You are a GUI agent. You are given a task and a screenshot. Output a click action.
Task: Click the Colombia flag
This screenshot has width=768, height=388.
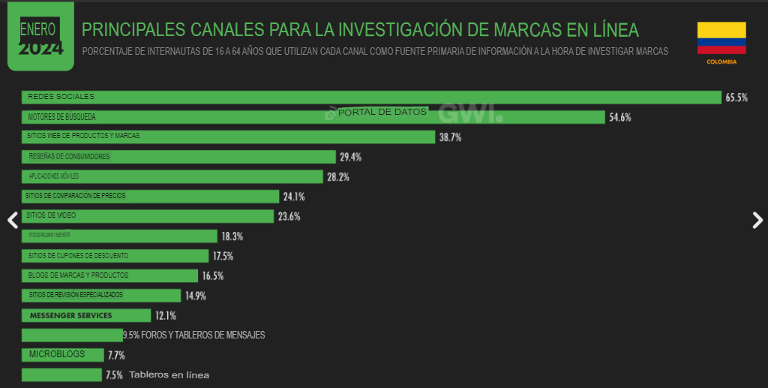721,38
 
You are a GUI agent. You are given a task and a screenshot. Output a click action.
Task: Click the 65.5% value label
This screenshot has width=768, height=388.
736,98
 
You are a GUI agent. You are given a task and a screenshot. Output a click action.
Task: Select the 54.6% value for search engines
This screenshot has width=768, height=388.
619,117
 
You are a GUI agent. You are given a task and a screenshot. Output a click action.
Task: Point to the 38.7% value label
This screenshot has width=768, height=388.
450,137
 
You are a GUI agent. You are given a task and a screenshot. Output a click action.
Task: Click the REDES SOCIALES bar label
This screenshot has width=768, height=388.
61,97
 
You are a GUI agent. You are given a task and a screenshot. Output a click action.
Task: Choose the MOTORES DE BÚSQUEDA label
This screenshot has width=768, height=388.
61,117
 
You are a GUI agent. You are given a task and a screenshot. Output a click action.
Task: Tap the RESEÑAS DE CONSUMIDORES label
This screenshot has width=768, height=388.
69,156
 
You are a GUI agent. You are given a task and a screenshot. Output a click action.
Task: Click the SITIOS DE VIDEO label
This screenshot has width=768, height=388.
52,215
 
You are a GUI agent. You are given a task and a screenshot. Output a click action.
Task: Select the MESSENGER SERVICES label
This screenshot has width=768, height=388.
70,315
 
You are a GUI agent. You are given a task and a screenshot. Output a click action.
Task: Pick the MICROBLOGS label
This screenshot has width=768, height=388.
56,354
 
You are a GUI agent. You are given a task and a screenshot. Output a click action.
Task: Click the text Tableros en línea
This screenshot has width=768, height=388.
169,374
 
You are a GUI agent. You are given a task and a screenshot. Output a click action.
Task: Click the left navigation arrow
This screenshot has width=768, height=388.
12,220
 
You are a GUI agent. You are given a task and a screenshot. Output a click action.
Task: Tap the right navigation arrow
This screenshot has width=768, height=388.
757,220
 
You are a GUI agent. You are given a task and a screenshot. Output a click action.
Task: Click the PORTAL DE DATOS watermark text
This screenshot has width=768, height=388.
382,112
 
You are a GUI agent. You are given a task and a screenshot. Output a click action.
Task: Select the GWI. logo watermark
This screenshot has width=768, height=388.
470,113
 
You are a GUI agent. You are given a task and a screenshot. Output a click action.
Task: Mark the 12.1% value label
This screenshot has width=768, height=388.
165,315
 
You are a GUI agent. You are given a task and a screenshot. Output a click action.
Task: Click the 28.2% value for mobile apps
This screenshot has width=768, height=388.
337,177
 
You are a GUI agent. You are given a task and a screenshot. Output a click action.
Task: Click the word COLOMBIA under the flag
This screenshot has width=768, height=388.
721,62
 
